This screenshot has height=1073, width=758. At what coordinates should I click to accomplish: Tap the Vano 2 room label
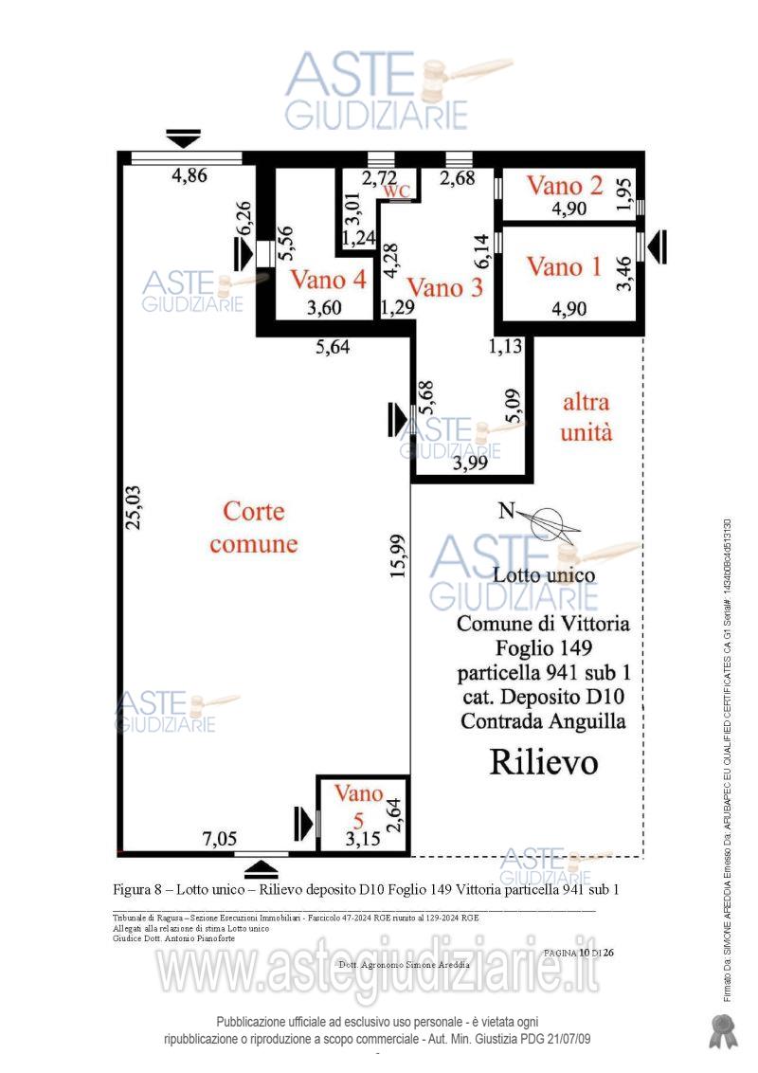pos(565,185)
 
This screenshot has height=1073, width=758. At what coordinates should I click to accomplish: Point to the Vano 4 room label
pos(328,280)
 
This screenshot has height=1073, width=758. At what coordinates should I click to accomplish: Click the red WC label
pos(397,191)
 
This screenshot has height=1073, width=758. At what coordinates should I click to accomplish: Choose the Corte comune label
pos(253,528)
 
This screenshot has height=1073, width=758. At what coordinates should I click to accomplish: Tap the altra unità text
pos(587,417)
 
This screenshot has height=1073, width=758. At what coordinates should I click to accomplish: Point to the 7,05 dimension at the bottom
pos(221,838)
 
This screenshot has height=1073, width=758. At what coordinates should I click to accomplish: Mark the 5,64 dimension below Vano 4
pos(332,348)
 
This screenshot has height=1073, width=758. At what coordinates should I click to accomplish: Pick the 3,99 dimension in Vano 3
pos(472,464)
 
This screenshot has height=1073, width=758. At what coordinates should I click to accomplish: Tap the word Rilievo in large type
pos(543,762)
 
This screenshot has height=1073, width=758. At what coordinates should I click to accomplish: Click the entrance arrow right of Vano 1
pos(657,246)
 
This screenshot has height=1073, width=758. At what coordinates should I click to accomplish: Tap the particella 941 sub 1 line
pos(543,674)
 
